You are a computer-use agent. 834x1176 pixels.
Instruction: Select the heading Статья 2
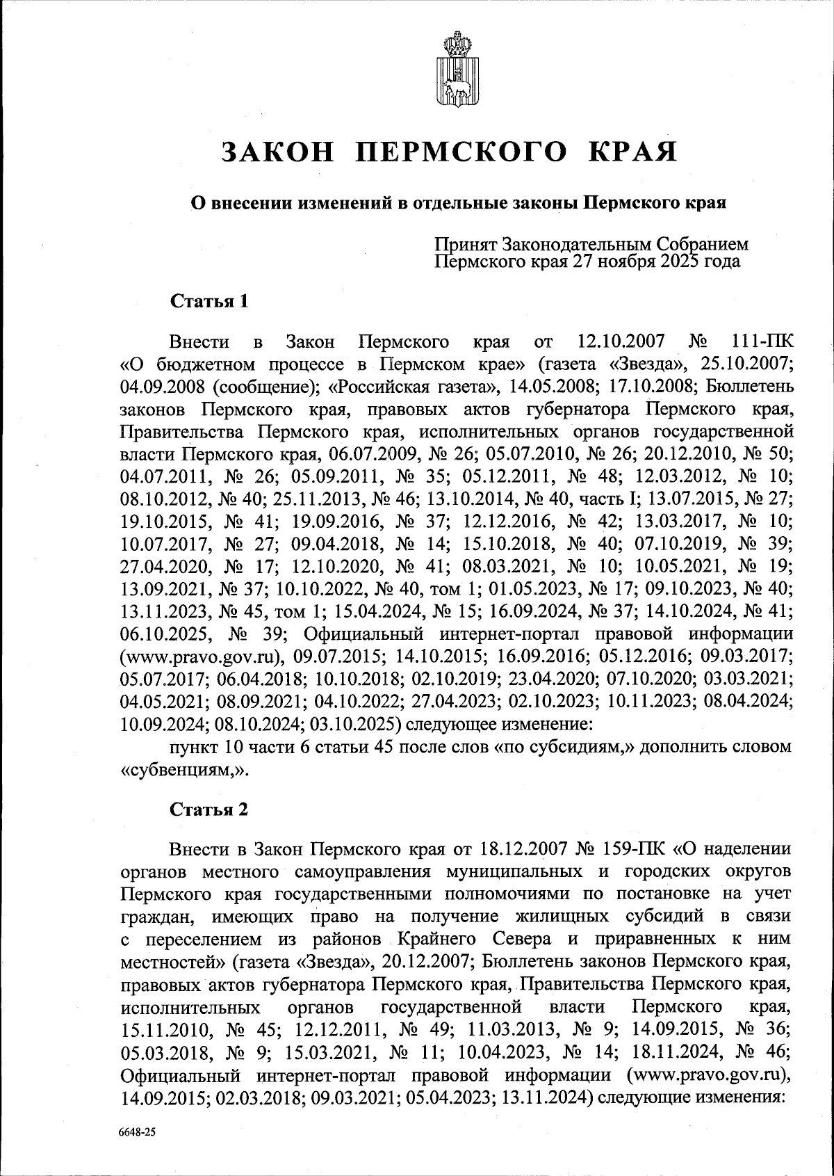pyautogui.click(x=208, y=809)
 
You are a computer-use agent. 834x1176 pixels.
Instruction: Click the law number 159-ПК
pyautogui.click(x=632, y=849)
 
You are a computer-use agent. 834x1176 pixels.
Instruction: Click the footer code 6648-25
pyautogui.click(x=136, y=1131)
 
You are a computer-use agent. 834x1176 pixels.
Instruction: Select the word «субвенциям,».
pyautogui.click(x=183, y=770)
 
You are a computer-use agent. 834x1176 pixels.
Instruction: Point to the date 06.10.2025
pyautogui.click(x=164, y=635)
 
